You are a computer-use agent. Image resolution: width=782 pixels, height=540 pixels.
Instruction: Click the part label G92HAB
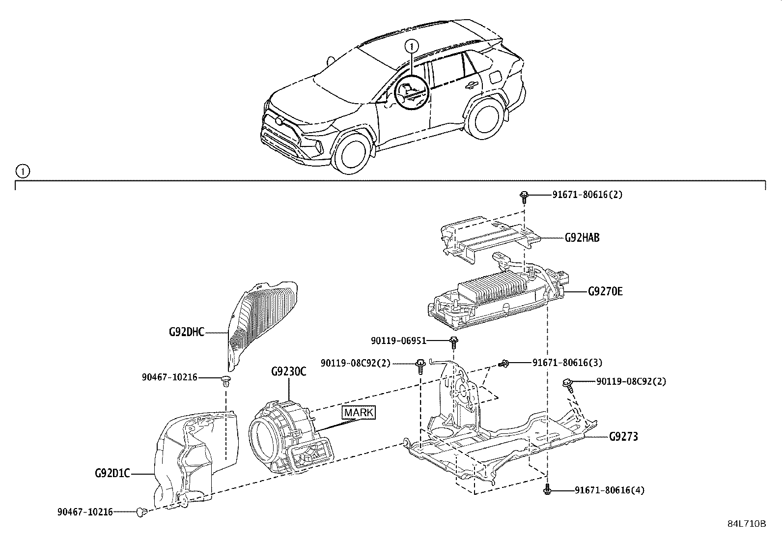tap(582, 238)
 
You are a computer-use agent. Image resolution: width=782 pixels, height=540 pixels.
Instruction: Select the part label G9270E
tap(605, 291)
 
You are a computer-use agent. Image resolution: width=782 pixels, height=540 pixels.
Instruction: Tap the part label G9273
tap(623, 436)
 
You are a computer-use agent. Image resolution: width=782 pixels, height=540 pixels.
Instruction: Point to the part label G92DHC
tap(186, 332)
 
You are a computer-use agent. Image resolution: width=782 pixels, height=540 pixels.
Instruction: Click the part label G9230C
tap(288, 371)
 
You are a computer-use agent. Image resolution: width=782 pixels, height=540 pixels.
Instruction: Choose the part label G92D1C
tap(112, 474)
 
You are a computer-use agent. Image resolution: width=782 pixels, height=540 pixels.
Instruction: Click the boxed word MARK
tap(359, 412)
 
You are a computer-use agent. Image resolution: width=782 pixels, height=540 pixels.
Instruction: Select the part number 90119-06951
tap(398, 341)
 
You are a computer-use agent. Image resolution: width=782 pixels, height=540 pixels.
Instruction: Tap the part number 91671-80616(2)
tap(587, 195)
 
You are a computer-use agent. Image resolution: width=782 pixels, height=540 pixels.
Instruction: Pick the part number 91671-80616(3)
tap(567, 363)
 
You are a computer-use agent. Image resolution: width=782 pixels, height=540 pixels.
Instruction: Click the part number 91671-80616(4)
tap(609, 490)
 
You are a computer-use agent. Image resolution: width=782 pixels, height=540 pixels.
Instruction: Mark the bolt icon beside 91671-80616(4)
tap(547, 490)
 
